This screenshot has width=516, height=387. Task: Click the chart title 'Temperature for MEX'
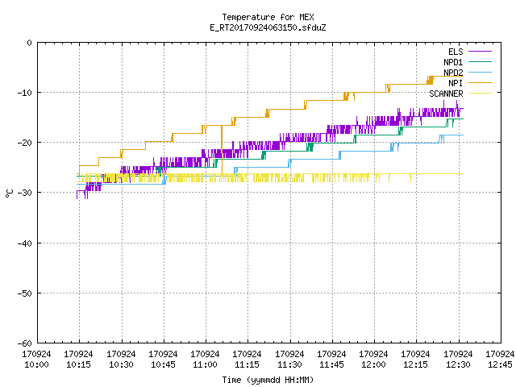coord(268,17)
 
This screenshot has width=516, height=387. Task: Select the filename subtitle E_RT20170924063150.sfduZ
coord(268,27)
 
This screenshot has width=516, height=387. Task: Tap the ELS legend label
coord(456,52)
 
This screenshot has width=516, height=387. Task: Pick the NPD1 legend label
coord(453,62)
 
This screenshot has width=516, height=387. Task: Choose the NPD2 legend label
coord(453,73)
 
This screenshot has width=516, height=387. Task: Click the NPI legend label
coord(456,83)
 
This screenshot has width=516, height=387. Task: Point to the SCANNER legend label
coord(446,94)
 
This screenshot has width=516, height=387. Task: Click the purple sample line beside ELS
coord(480,52)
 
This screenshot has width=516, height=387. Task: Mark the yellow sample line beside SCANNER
coord(480,94)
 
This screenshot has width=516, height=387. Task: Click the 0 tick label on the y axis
coord(30,43)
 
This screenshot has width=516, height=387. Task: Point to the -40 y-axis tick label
coord(25,243)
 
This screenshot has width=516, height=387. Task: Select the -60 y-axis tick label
coord(25,343)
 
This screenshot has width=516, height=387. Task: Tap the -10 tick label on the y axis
coord(25,93)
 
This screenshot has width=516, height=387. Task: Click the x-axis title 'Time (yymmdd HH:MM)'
coord(268,380)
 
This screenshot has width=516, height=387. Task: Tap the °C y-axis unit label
coord(9,193)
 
